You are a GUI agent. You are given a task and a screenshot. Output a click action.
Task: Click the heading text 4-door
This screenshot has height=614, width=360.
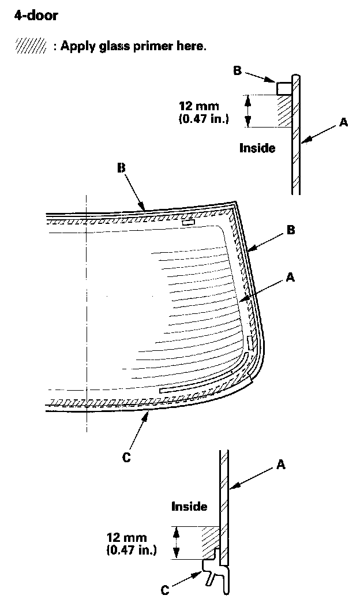[35, 16]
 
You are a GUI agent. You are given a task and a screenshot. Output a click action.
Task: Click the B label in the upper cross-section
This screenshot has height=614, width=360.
[237, 70]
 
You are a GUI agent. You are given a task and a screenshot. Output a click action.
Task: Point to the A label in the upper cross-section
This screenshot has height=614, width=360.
[343, 122]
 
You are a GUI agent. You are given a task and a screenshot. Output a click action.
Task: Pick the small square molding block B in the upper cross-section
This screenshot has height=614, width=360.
[283, 88]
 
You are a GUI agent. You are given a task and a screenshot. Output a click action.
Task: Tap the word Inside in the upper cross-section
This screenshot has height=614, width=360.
[257, 148]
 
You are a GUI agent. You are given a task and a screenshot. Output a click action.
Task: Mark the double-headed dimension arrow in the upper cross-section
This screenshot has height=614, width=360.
[249, 111]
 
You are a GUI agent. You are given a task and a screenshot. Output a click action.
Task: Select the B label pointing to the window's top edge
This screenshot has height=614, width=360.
[121, 168]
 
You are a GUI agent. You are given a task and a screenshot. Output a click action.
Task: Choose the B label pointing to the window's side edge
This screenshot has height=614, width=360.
[291, 230]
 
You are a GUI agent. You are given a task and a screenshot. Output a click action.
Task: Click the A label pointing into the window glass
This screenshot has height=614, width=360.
[290, 278]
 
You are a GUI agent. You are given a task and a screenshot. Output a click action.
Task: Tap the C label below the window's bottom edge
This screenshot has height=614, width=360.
[127, 458]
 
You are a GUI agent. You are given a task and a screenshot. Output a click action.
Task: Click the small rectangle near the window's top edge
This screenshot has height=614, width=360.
[189, 222]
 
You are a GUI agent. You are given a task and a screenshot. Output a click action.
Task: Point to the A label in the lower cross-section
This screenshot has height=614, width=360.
[281, 463]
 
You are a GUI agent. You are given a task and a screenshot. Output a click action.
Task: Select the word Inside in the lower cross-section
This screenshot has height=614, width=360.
[189, 507]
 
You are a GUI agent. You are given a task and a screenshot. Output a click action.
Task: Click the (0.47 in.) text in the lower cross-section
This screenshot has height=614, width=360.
[132, 550]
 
